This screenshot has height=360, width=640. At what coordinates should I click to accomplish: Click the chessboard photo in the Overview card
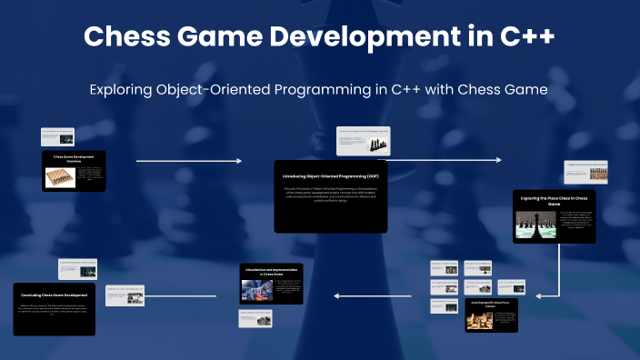(59, 175)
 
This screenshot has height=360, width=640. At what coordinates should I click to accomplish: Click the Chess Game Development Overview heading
(74, 158)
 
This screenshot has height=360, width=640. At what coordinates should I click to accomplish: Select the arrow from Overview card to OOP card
(189, 161)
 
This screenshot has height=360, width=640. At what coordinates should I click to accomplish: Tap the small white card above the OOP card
(363, 141)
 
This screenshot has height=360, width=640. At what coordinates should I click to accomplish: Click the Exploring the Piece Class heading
(555, 200)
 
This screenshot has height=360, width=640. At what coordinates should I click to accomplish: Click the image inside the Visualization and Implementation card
(256, 290)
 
